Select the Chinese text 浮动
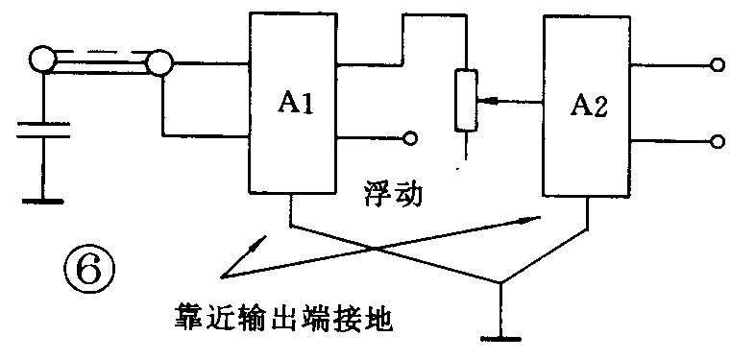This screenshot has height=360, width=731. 393,193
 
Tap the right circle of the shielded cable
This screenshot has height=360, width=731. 159,64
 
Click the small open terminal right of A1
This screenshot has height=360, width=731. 410,138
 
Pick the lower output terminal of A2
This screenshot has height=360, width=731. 716,141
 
